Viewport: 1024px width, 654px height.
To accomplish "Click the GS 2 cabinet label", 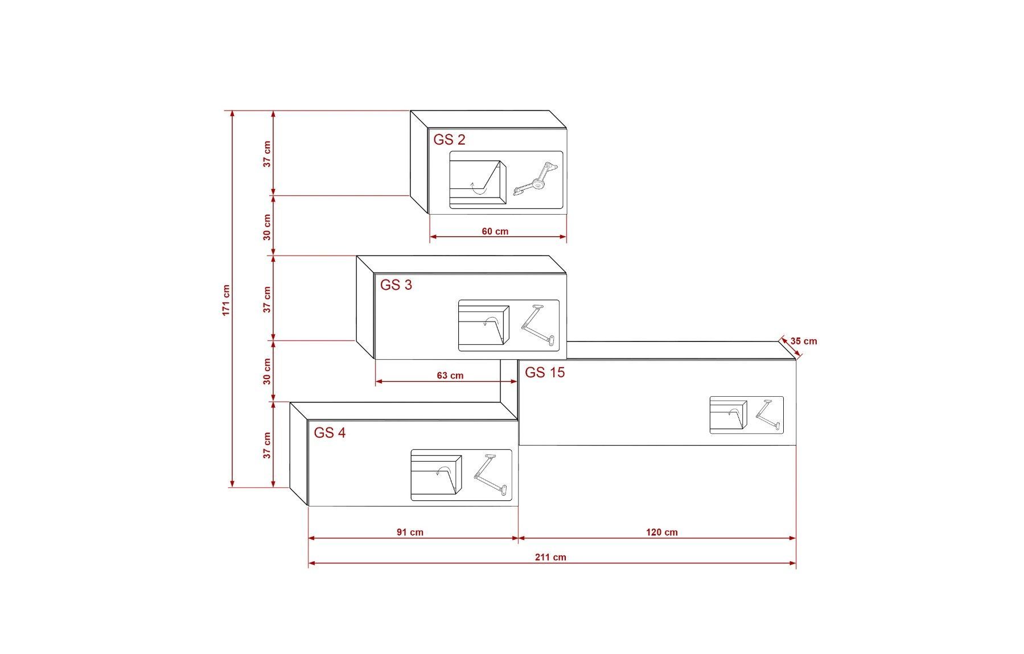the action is click(x=449, y=139).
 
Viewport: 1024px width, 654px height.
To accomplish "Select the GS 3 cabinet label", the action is click(x=396, y=285).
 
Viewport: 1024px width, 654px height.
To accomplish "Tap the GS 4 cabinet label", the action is click(x=330, y=433).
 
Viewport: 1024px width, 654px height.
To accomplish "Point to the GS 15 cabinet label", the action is click(x=545, y=372).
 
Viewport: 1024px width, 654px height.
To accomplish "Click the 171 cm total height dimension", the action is click(x=226, y=300).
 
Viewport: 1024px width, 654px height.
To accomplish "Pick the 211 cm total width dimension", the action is click(x=550, y=557).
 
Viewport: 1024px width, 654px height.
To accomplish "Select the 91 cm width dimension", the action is click(x=410, y=532).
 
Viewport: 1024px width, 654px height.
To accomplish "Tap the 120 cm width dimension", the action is click(x=662, y=532).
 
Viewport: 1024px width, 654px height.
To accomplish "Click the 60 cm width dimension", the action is click(x=495, y=232).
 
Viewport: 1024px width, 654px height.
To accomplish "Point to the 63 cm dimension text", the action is click(x=450, y=376).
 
